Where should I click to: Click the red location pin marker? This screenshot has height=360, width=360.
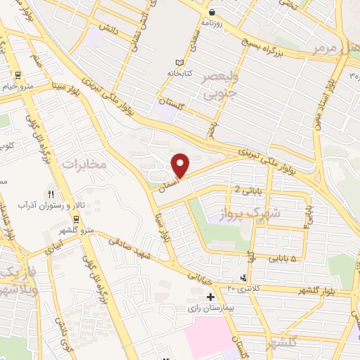tap(181, 165)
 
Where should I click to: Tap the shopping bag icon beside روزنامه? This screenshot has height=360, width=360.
tap(212, 12)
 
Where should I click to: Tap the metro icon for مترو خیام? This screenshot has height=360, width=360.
tap(18, 77)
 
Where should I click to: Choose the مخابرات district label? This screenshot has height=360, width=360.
tap(84, 164)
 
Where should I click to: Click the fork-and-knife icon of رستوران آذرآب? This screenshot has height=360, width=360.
tap(50, 193)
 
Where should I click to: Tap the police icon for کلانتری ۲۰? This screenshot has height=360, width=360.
tap(243, 277)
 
